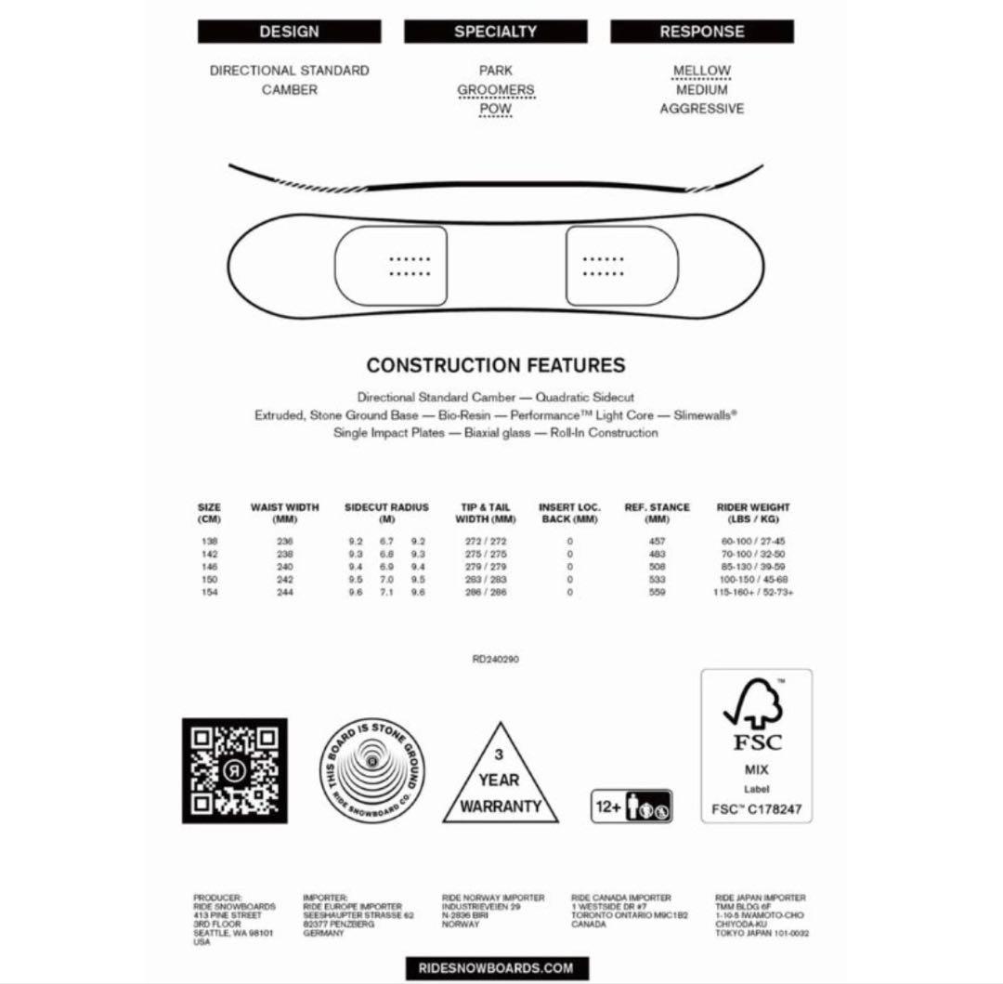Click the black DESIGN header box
tap(289, 32)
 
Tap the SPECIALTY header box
tap(495, 32)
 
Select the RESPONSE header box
tap(702, 32)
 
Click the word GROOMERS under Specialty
tap(495, 90)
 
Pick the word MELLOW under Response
tap(702, 71)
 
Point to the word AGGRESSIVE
tap(702, 109)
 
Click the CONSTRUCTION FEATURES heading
tap(495, 365)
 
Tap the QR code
tap(234, 770)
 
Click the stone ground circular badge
tap(372, 771)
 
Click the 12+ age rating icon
tap(632, 806)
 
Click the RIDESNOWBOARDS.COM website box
tap(495, 967)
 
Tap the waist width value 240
tap(284, 566)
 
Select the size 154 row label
tap(209, 592)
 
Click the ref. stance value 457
tap(657, 541)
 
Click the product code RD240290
tap(495, 659)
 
